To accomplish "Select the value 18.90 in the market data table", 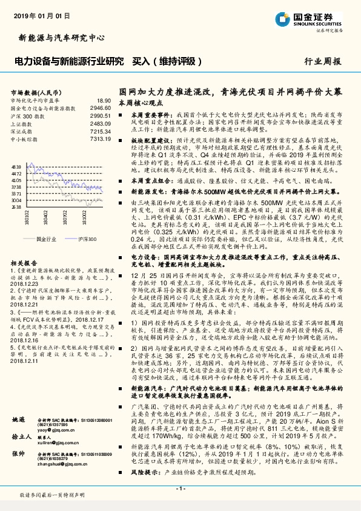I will pos(104,100).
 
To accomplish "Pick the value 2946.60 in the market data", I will pos(101,107).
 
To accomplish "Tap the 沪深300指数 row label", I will pos(27,115).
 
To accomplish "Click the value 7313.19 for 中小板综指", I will pos(101,138).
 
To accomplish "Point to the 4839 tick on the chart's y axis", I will pos(16,166).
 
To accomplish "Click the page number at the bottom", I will pos(180,488).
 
